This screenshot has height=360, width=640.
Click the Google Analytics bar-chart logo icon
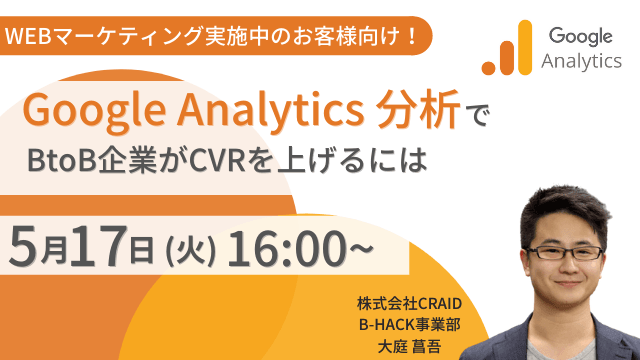point(505,50)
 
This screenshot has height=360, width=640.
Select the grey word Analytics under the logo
point(581,62)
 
